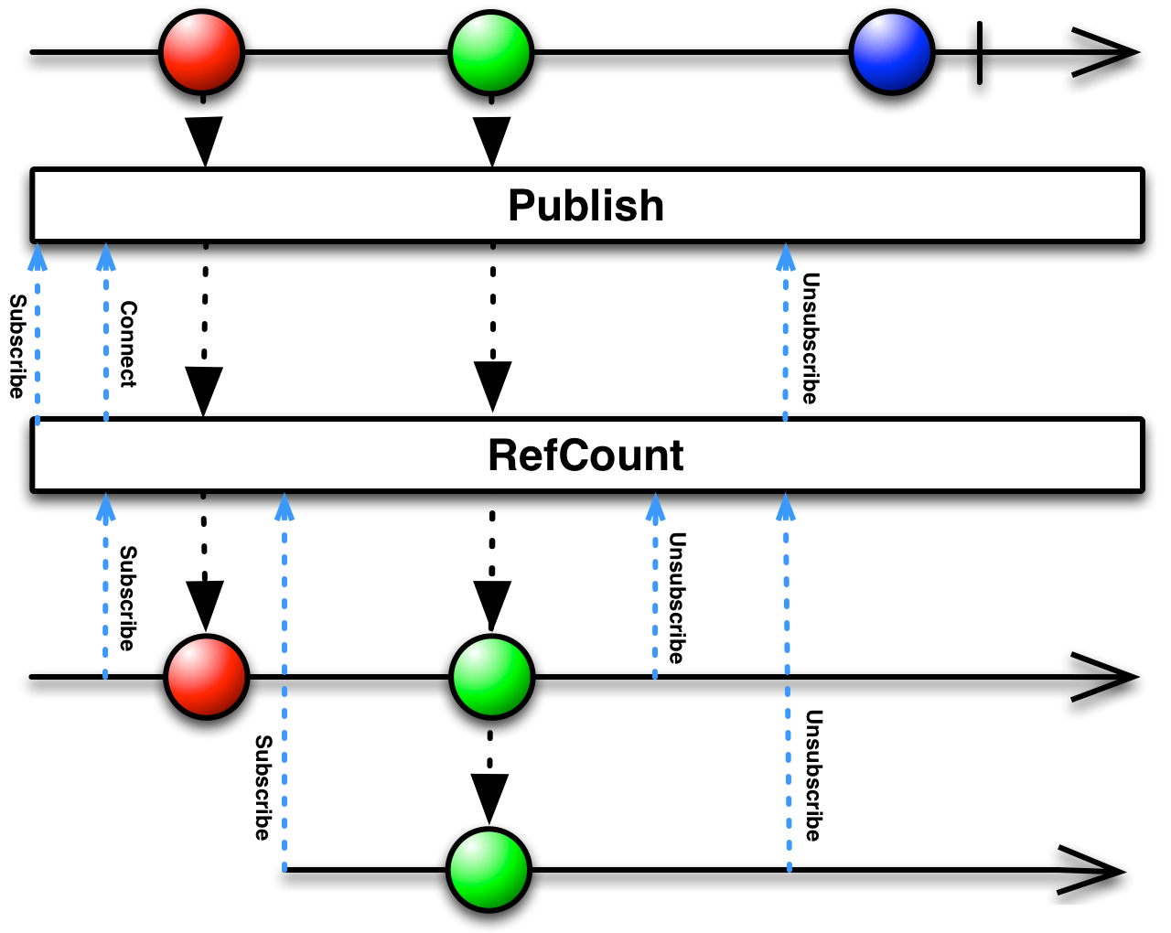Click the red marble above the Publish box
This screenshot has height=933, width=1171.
click(201, 52)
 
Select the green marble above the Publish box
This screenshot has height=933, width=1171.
click(490, 52)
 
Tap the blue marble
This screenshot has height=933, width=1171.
click(891, 52)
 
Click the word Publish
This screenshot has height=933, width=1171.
click(585, 206)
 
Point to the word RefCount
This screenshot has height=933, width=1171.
click(585, 456)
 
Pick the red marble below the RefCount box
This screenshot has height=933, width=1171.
click(206, 677)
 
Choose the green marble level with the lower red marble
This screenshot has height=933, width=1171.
click(491, 677)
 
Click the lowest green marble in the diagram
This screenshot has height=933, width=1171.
click(489, 869)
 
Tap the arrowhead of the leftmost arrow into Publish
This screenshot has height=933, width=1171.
click(38, 257)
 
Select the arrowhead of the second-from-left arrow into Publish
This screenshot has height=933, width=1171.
click(106, 257)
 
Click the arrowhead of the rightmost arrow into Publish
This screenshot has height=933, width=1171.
click(785, 257)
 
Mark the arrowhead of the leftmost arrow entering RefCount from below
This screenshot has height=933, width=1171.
click(106, 507)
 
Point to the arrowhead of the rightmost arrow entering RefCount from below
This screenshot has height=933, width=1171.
click(785, 507)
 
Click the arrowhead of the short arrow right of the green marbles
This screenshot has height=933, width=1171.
click(655, 507)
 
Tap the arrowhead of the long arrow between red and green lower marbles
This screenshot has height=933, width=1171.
click(285, 507)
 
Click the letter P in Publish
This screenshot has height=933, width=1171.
click(521, 206)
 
